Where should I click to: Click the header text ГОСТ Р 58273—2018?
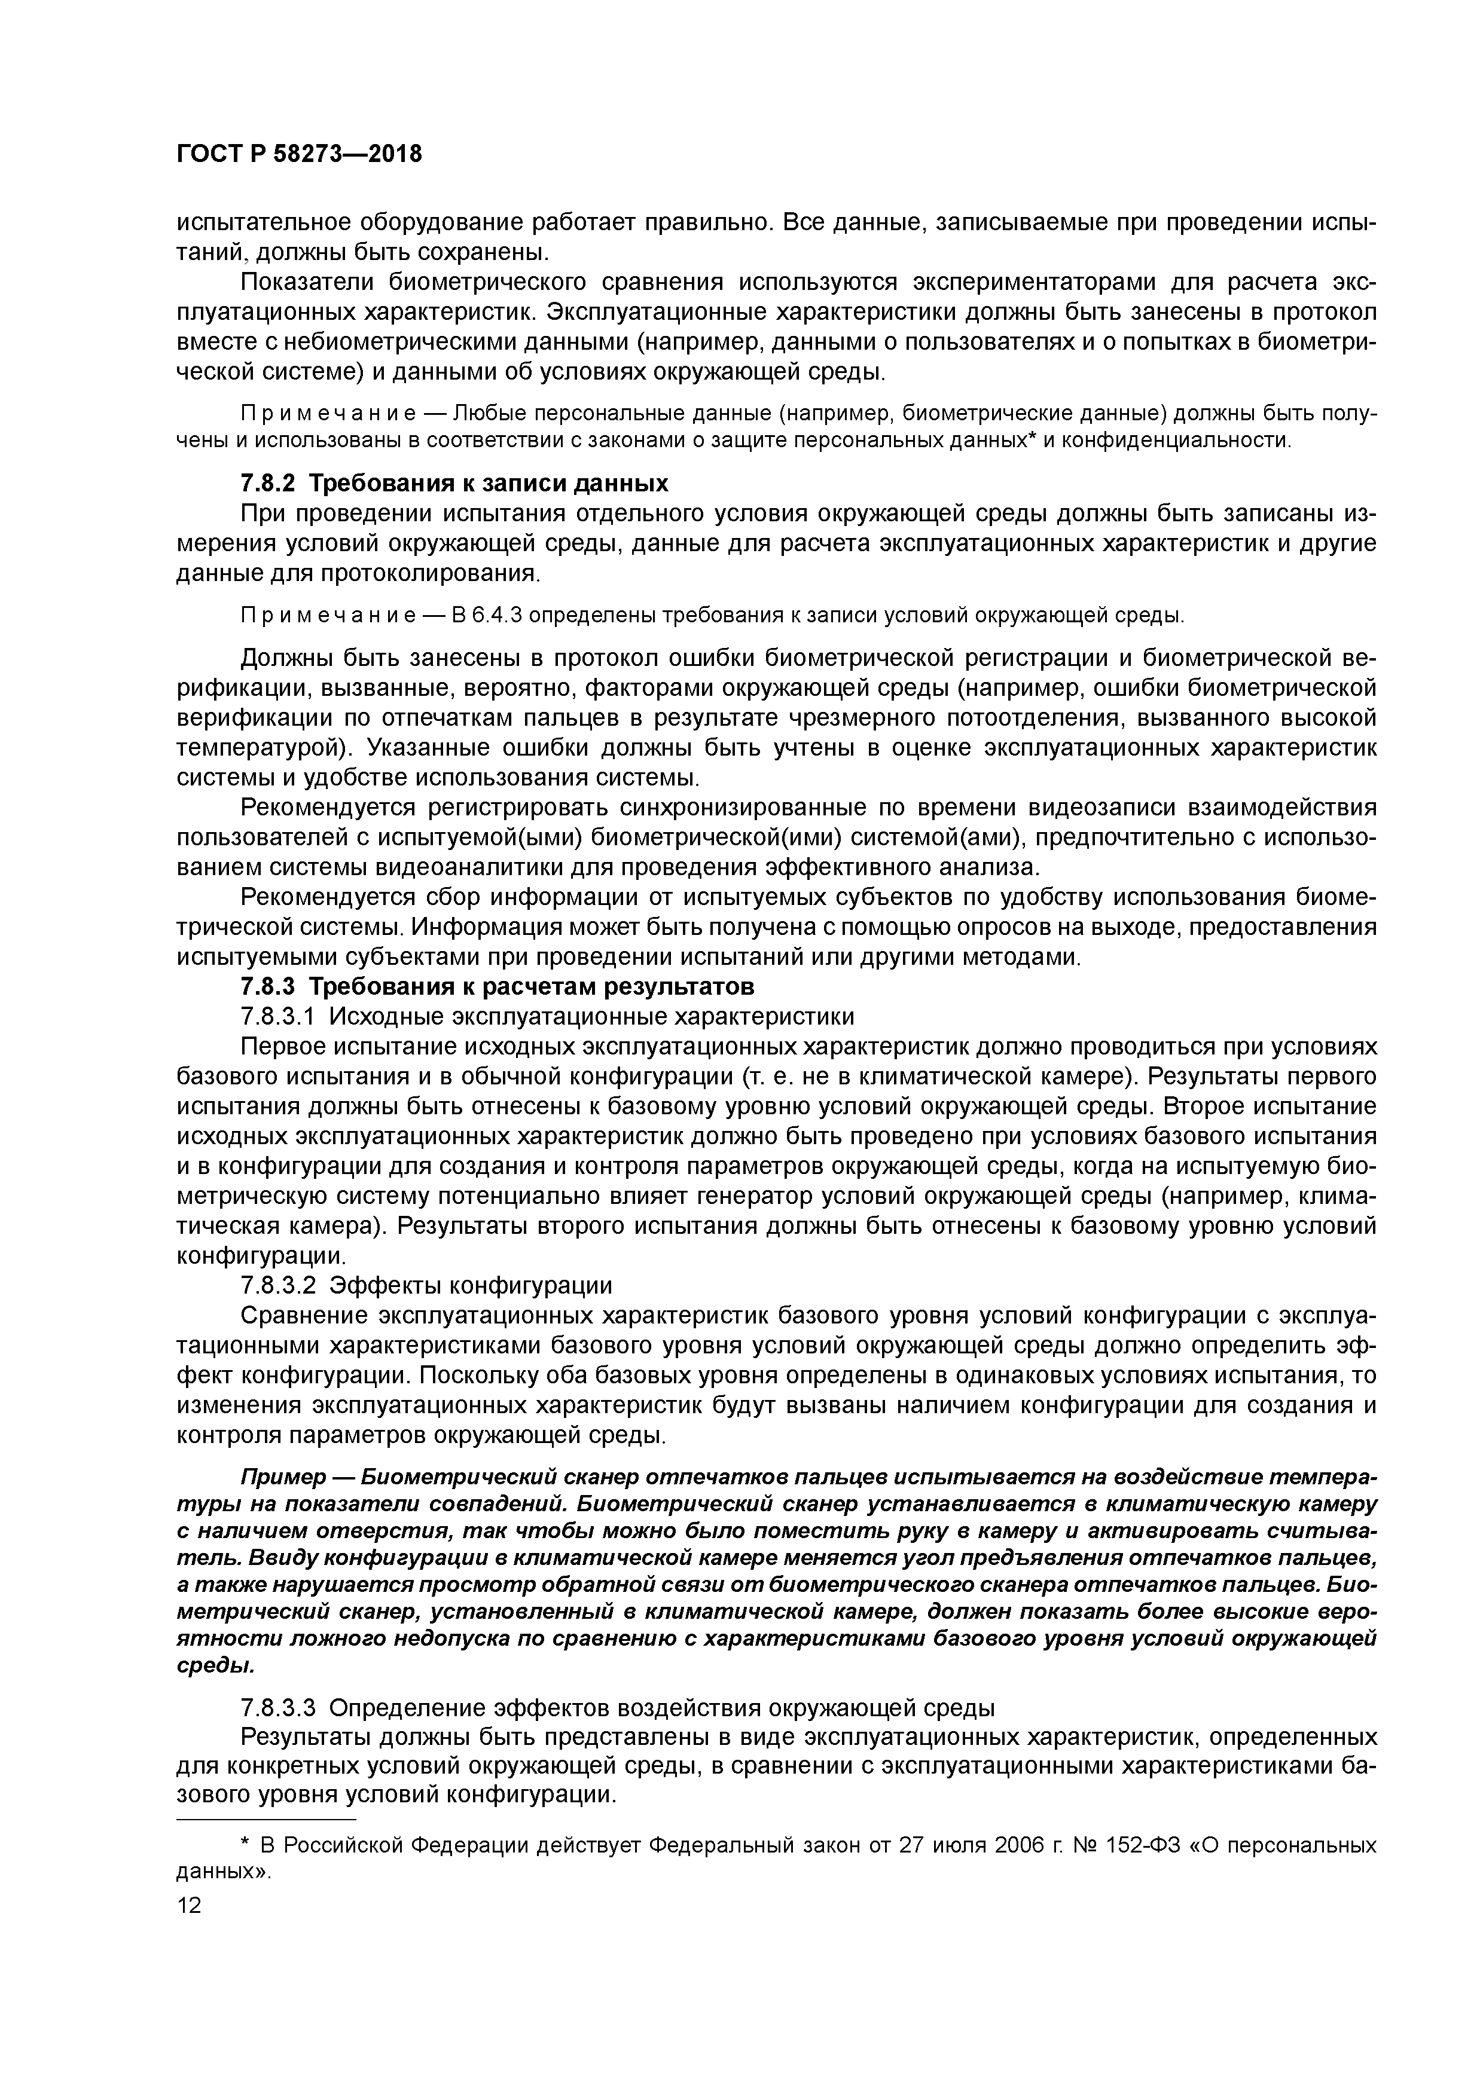(x=299, y=154)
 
